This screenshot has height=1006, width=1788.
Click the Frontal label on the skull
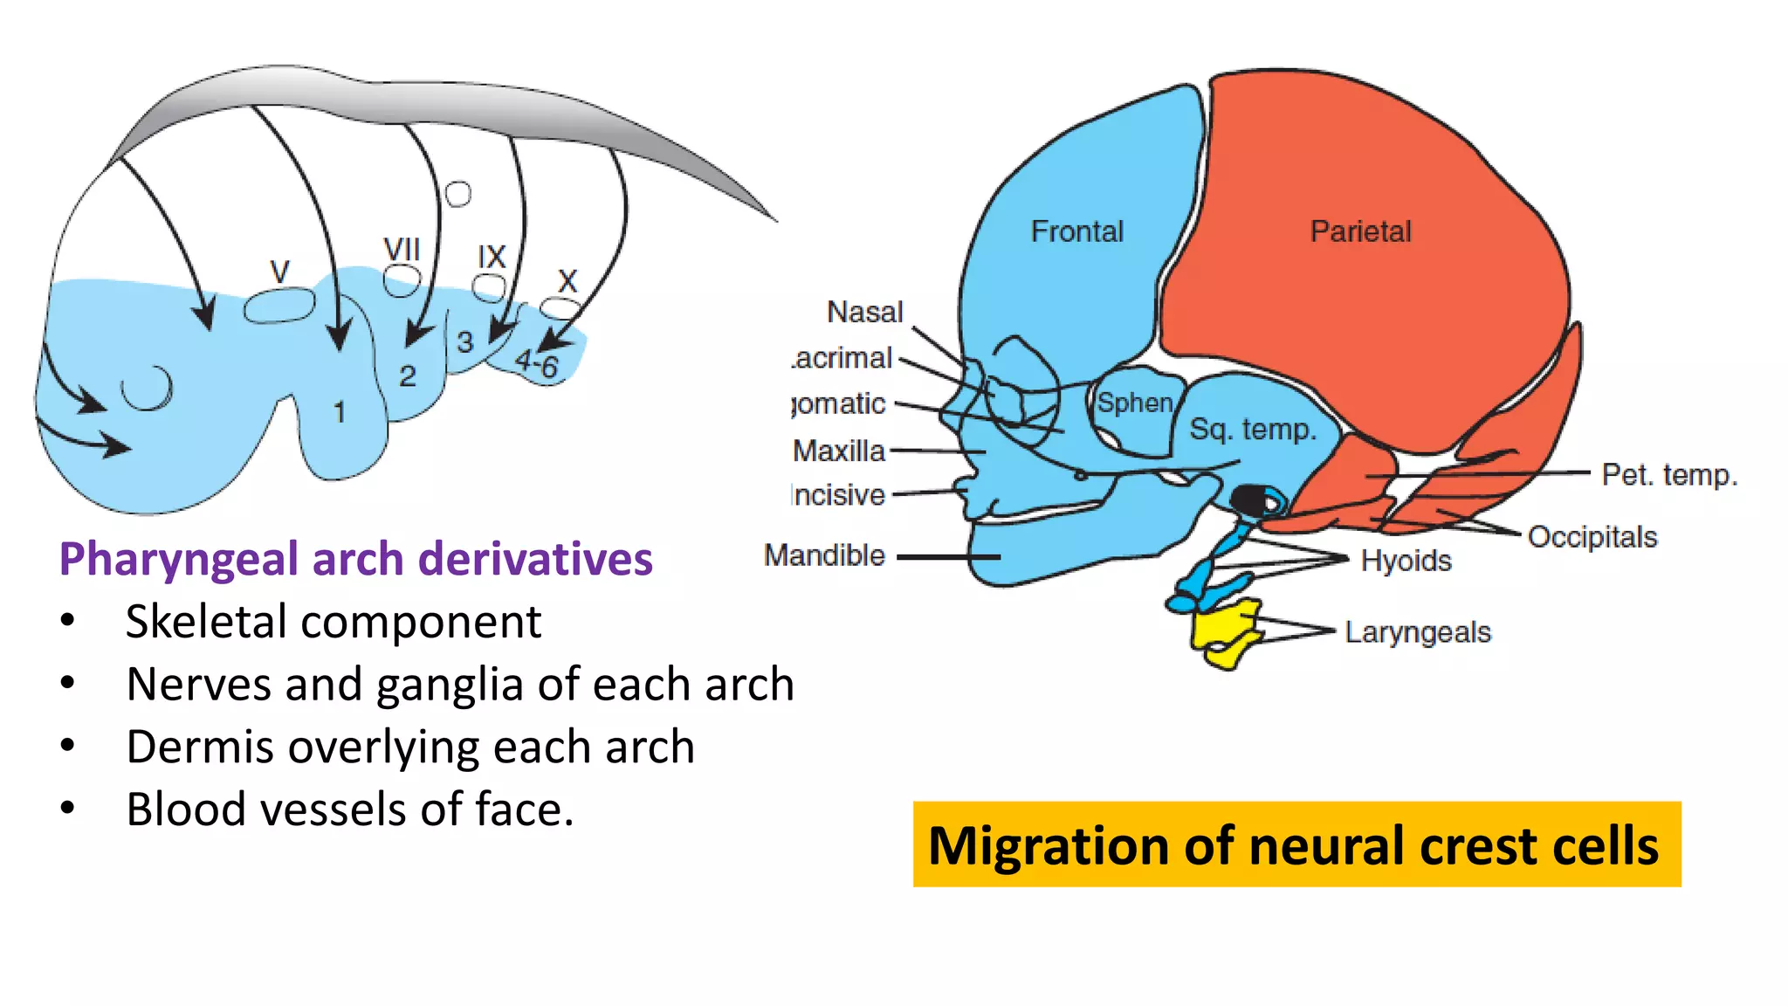[1076, 231]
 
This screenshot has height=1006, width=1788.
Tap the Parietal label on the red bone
[1360, 231]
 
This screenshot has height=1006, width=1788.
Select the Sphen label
[1134, 403]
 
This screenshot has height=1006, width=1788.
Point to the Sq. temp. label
[1252, 430]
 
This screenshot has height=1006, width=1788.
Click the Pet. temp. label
[1668, 475]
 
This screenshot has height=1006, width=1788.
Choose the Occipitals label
[1592, 537]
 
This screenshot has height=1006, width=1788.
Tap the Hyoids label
[1406, 561]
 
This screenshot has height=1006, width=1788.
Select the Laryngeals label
[1417, 632]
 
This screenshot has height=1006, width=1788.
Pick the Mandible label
[824, 555]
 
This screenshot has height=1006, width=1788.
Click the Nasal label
[864, 312]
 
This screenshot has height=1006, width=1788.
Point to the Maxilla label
[838, 451]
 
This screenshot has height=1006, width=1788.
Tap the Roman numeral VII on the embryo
[402, 250]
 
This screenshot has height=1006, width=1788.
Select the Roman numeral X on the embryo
[567, 281]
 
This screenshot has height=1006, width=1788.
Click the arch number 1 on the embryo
[340, 412]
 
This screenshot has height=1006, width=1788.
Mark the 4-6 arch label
[536, 363]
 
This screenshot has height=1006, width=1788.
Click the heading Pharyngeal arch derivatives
[355, 559]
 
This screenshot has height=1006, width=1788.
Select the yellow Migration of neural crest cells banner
[1296, 844]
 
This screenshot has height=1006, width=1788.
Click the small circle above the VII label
[457, 193]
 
